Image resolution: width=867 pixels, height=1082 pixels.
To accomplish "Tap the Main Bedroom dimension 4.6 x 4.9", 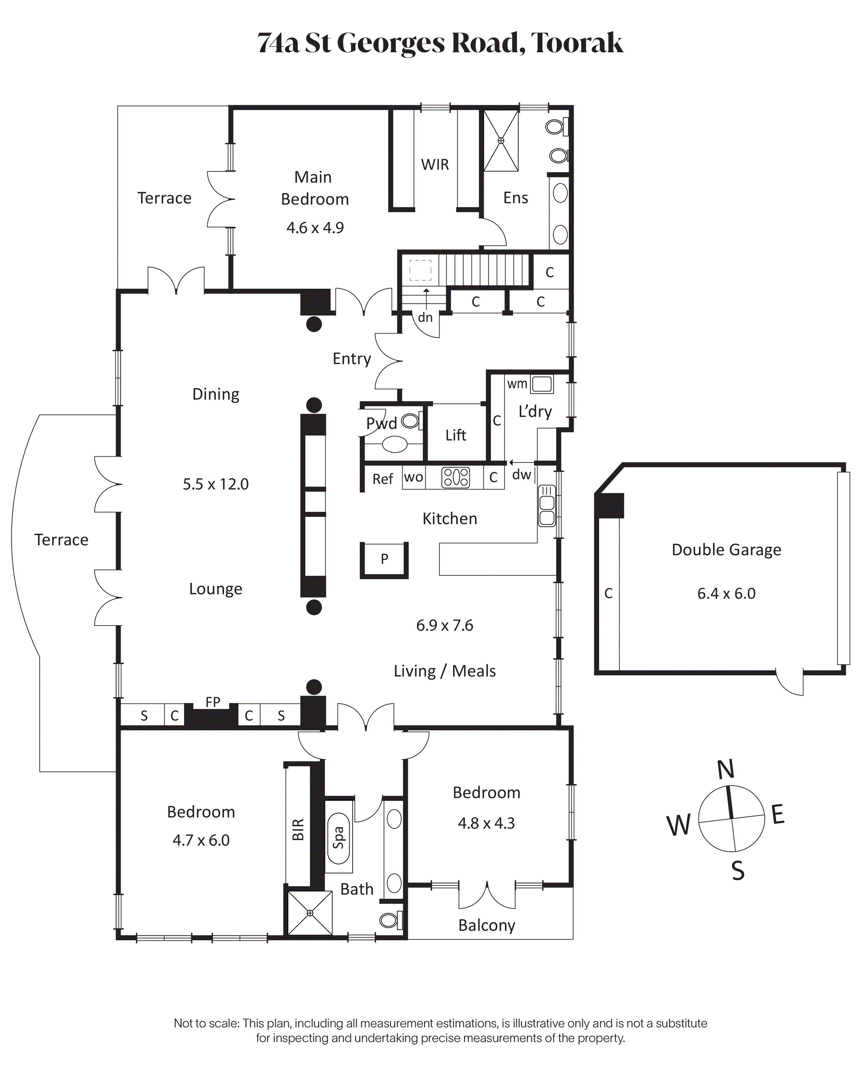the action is point(315,228).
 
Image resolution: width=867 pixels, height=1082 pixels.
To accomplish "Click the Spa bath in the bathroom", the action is point(339,838).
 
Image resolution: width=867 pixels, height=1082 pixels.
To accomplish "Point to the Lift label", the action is point(456,435).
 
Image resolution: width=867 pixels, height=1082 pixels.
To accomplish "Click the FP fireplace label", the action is point(213,702).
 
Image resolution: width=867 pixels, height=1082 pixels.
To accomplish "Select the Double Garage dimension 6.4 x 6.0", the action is point(726,594).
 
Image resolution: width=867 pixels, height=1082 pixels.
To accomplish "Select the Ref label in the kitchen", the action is point(383,479).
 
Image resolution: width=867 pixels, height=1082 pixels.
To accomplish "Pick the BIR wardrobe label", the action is point(298,829).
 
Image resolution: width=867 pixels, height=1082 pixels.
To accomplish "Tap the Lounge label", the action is point(216,589).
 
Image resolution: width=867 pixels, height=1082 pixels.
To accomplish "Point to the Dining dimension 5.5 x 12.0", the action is point(216,484).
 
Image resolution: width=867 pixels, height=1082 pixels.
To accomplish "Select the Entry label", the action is point(352,359).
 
